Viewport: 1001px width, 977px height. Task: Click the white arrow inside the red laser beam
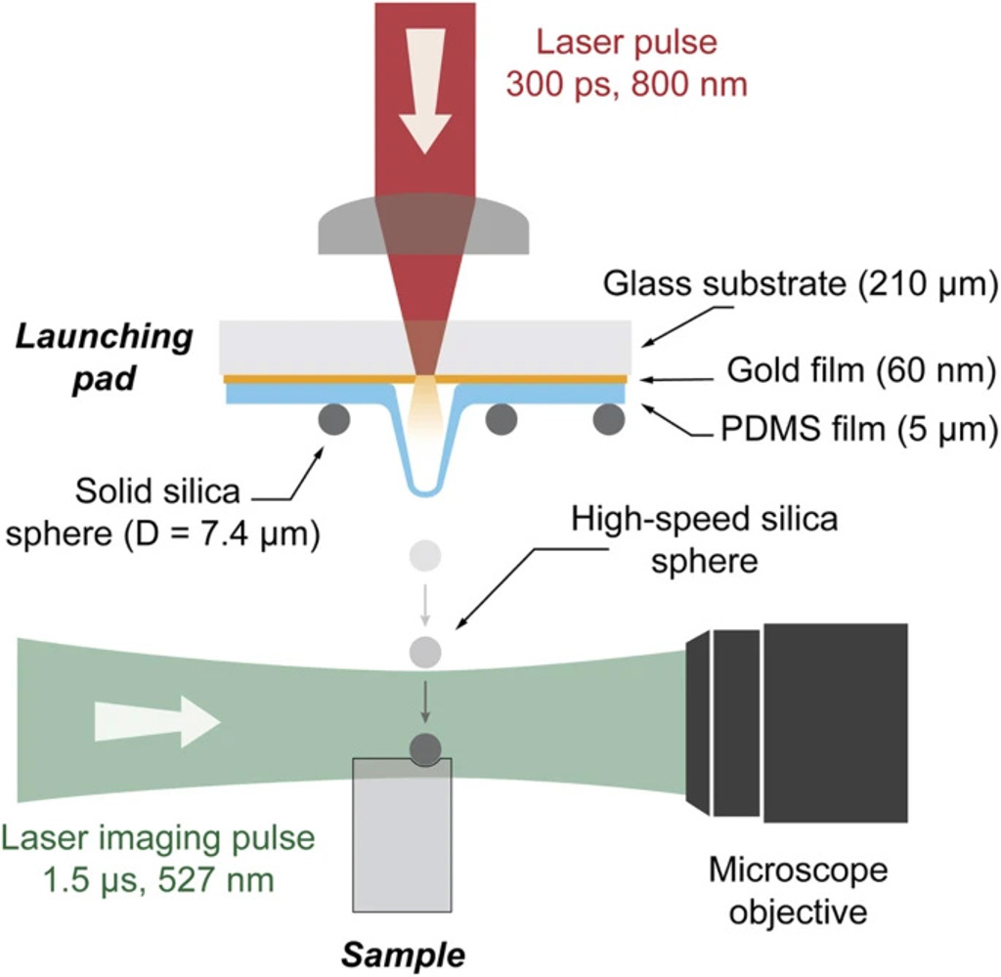point(426,107)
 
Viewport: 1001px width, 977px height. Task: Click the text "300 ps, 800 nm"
point(626,82)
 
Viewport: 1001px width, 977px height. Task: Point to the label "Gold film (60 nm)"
point(860,370)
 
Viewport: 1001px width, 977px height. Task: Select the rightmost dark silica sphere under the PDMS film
point(608,419)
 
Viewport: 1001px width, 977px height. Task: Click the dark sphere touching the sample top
point(425,749)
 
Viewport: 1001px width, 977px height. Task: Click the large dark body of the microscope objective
point(836,722)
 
